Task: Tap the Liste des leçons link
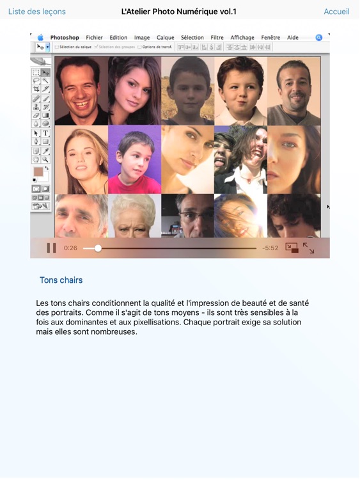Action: tap(36, 12)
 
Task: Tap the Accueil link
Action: tap(336, 12)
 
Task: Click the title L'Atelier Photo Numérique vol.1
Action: tap(179, 12)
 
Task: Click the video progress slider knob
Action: tap(98, 248)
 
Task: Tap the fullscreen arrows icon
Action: tap(309, 248)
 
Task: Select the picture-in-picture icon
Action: tap(292, 248)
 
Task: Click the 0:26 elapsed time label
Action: tap(70, 248)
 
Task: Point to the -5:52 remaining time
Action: tap(270, 248)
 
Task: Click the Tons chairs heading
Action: tap(61, 280)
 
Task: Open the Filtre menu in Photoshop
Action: tap(217, 38)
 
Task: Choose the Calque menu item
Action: tap(165, 38)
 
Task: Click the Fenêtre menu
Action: tap(270, 38)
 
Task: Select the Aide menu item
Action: tap(293, 38)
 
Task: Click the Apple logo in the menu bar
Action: tap(40, 38)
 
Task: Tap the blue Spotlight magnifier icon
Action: tap(318, 38)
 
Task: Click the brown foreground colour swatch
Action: tap(38, 172)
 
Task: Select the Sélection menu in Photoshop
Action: tap(192, 38)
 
